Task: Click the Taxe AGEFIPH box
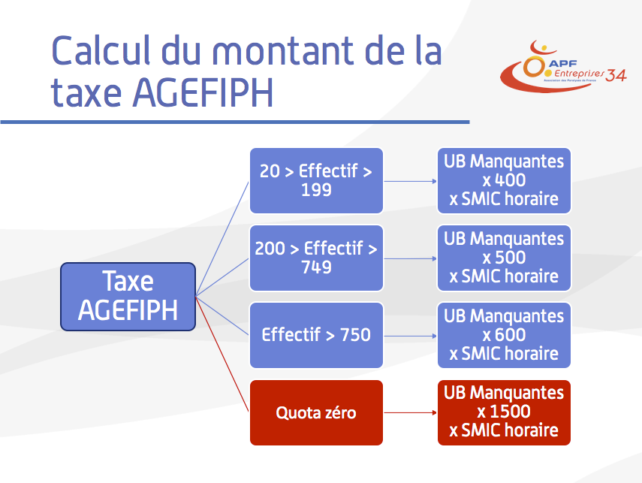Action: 128,297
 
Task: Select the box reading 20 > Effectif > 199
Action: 316,181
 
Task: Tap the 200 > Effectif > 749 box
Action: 316,258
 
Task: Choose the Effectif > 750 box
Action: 316,335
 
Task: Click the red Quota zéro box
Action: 316,412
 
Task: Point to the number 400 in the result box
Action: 510,180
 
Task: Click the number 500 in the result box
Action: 510,258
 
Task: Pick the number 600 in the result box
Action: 510,335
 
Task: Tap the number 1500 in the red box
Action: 510,412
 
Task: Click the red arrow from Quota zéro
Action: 410,412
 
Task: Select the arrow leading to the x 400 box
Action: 410,181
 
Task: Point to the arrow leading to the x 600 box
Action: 410,336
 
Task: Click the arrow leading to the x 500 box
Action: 410,258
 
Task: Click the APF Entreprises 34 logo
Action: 563,66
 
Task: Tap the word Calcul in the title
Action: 101,50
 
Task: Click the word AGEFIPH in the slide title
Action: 203,92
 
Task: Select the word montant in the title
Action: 283,51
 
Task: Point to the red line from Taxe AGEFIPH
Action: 222,355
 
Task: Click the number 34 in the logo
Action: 616,75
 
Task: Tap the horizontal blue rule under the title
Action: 235,122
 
